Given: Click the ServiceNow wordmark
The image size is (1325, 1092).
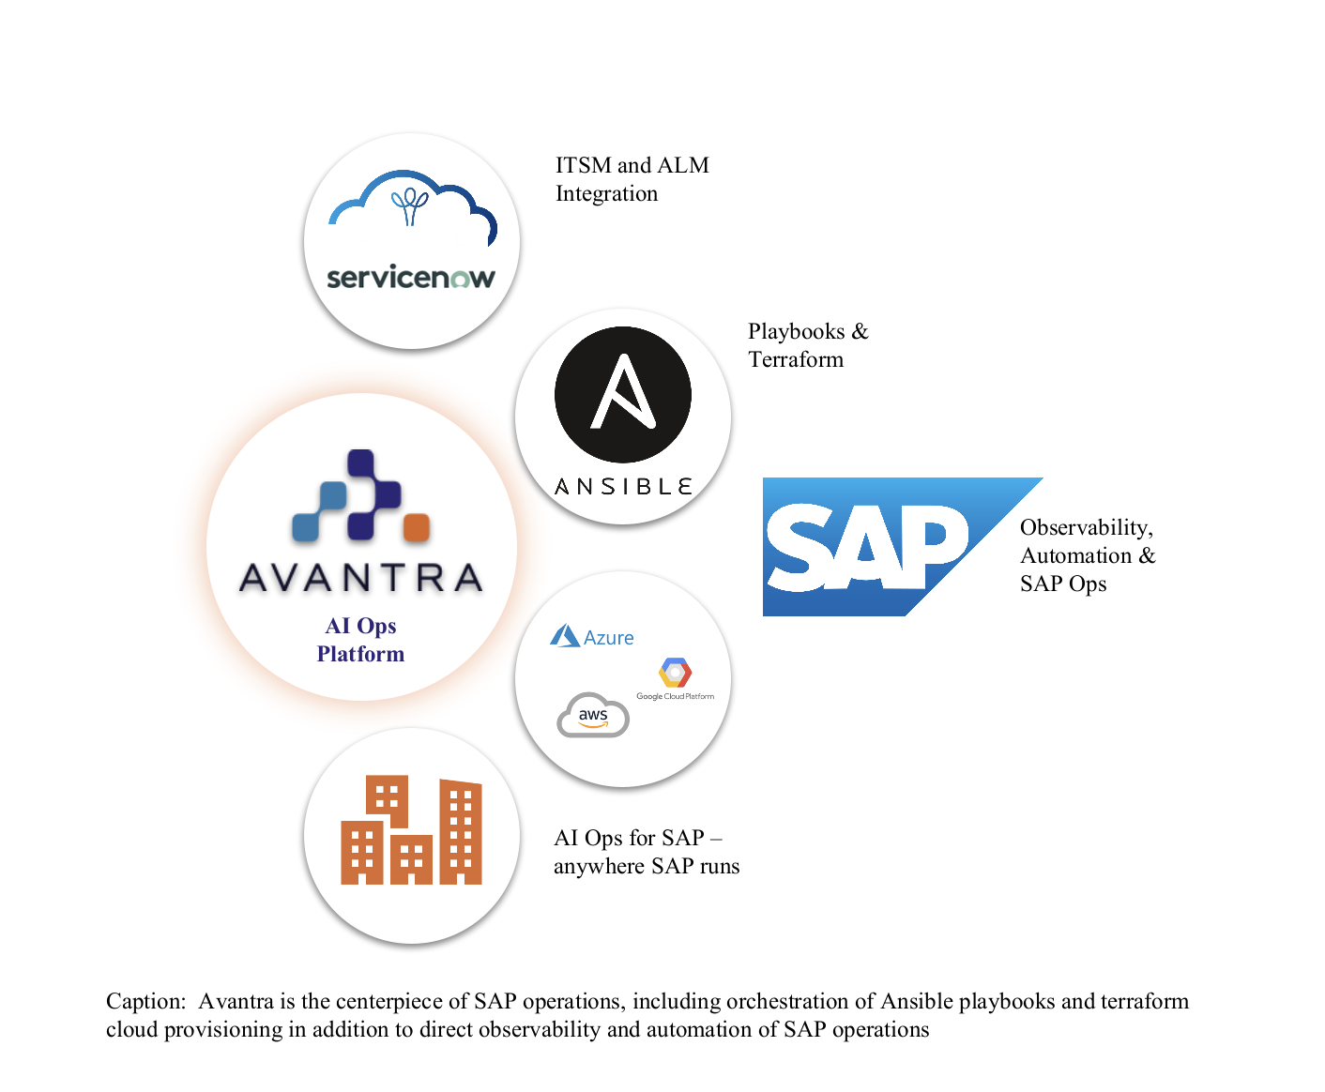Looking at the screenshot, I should [410, 278].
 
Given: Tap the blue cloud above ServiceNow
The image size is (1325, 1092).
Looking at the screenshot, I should [413, 202].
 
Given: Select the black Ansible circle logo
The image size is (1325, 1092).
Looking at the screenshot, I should [623, 394].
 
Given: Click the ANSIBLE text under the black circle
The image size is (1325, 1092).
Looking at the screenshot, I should [623, 487].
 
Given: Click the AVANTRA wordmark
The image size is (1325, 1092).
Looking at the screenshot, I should [361, 578].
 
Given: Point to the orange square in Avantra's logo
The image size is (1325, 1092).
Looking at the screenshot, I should [416, 527].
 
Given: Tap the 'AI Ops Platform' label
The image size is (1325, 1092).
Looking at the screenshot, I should [361, 640].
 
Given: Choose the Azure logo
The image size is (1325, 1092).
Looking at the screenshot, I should [592, 637].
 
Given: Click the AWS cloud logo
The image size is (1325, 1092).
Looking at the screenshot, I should [593, 716].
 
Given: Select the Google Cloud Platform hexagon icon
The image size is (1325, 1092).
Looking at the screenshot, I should [675, 673].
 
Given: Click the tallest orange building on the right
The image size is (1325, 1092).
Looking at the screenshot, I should [461, 833].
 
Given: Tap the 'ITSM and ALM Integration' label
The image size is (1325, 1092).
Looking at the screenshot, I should [632, 179].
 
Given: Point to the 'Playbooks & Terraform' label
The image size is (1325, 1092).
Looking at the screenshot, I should [808, 345].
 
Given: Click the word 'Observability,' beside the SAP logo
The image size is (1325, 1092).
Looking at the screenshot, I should [1086, 527].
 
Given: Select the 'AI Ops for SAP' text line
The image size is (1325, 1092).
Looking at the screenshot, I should [637, 838].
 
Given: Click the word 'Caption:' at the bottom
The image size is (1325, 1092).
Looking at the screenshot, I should [145, 1001].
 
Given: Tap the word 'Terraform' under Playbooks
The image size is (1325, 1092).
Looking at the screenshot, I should [796, 359].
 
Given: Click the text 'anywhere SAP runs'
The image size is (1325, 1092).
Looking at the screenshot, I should [647, 866].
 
